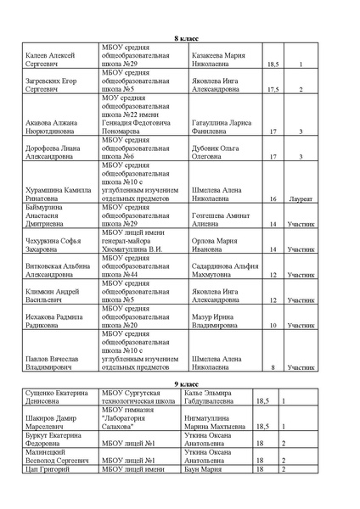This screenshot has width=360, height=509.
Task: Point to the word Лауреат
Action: pos(300,199)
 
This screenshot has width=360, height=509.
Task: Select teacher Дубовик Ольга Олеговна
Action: pos(220,152)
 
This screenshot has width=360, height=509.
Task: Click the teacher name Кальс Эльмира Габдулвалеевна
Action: pos(218,399)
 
